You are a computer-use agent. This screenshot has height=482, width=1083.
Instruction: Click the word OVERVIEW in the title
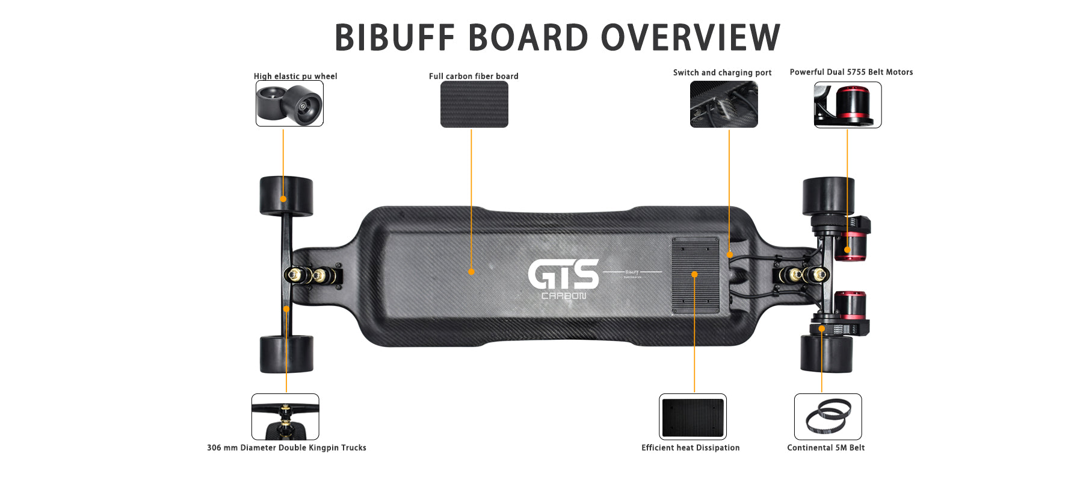(691, 37)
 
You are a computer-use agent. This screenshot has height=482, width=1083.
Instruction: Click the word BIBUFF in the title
(395, 37)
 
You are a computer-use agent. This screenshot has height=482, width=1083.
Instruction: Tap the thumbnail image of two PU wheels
(289, 104)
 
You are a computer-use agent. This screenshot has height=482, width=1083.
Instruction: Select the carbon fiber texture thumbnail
(474, 104)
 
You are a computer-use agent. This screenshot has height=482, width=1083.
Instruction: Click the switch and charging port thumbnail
(724, 104)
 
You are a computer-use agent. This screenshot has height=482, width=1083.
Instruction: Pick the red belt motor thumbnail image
(848, 105)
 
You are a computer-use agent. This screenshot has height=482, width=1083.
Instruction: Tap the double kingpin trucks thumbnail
(285, 417)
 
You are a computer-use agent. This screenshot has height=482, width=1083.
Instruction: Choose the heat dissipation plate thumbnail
(693, 417)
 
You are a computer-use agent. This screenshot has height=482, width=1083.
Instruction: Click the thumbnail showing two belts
(828, 417)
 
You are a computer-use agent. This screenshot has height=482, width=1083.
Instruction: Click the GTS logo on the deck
(564, 275)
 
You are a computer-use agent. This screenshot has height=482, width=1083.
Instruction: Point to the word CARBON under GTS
(564, 296)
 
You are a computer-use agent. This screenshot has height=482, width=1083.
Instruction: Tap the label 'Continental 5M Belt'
(826, 448)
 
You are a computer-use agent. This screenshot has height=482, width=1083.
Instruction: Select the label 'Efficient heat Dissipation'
(691, 448)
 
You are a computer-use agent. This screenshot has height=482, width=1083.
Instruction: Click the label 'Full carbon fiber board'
(474, 76)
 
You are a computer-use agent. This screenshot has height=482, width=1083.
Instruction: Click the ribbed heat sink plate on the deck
(696, 275)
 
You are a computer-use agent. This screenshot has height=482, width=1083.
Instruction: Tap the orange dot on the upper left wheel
(283, 199)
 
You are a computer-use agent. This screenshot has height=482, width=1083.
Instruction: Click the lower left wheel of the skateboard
(286, 354)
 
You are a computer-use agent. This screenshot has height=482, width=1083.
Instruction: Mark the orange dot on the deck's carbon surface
(471, 272)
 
